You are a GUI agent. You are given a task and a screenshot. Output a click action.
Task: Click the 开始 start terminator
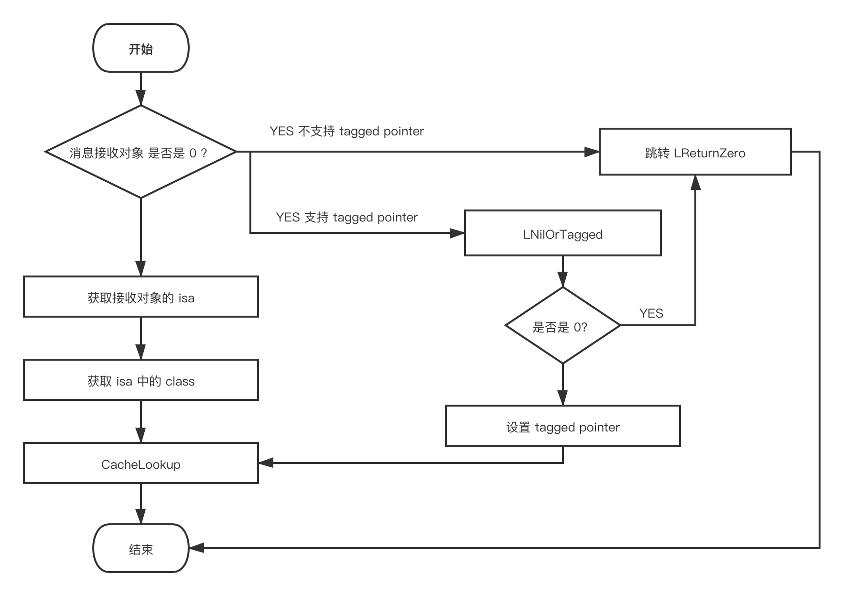pyautogui.click(x=141, y=48)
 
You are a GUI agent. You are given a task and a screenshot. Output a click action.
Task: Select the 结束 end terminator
pyautogui.click(x=141, y=549)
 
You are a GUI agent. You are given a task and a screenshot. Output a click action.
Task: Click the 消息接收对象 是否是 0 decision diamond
pyautogui.click(x=141, y=152)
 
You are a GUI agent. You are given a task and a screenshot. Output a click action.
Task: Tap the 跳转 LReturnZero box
pyautogui.click(x=695, y=152)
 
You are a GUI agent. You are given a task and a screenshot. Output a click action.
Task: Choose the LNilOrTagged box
pyautogui.click(x=562, y=233)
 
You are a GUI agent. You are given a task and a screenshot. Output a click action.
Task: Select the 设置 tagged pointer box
pyautogui.click(x=562, y=426)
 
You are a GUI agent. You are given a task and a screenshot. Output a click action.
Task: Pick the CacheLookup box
pyautogui.click(x=141, y=464)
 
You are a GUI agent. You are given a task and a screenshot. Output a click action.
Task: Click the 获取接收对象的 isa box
pyautogui.click(x=141, y=297)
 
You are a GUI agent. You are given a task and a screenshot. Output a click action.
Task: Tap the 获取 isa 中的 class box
pyautogui.click(x=141, y=380)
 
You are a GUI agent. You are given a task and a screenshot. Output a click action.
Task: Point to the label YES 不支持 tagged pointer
pyautogui.click(x=346, y=131)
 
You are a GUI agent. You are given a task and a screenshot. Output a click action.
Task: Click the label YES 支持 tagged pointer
pyautogui.click(x=346, y=217)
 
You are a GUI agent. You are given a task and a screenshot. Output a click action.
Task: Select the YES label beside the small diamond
pyautogui.click(x=651, y=313)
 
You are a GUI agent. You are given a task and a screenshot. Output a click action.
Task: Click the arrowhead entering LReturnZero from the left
pyautogui.click(x=593, y=152)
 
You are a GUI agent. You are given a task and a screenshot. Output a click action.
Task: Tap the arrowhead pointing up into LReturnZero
pyautogui.click(x=695, y=182)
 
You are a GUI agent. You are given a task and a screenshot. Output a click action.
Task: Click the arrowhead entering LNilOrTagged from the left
pyautogui.click(x=458, y=233)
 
